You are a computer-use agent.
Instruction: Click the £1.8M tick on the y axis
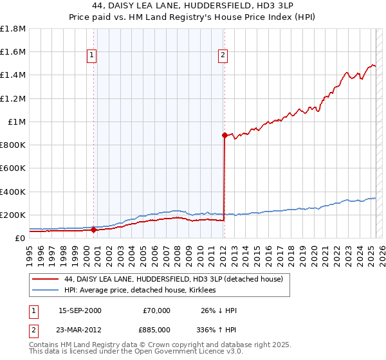point(13,29)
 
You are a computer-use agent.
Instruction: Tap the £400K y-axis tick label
point(13,192)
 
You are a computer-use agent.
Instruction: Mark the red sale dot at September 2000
point(94,230)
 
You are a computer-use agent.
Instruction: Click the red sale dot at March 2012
point(225,135)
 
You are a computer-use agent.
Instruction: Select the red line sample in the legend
point(45,279)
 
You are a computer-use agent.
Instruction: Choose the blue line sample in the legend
point(45,290)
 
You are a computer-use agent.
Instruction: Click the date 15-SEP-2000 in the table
point(80,310)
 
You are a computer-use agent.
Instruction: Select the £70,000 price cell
point(156,310)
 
